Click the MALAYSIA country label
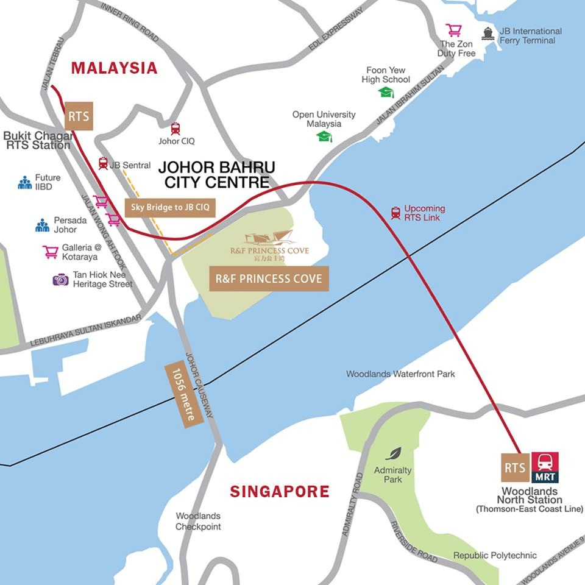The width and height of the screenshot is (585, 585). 114,68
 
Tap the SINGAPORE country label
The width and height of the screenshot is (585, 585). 279,491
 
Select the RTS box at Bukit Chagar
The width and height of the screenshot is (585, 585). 79,116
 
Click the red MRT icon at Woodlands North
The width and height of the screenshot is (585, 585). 545,467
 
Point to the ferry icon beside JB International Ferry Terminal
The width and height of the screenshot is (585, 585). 487,34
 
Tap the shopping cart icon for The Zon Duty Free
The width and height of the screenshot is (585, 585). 453,30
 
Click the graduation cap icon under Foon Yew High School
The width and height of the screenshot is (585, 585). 386,92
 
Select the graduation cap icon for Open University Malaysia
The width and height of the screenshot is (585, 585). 324,136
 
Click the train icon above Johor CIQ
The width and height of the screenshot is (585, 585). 175,129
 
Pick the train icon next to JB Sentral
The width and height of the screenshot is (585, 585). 103,163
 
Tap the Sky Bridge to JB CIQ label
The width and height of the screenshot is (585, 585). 170,207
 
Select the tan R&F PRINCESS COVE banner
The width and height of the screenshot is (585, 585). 269,279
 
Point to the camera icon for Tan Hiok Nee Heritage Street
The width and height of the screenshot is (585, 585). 60,280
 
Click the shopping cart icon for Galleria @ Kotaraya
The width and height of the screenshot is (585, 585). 51,252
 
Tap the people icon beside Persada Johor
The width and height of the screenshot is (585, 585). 42,225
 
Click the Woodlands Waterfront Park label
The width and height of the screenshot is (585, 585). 400,374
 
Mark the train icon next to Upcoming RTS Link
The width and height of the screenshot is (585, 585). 395,213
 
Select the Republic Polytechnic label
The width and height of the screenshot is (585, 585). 495,555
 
